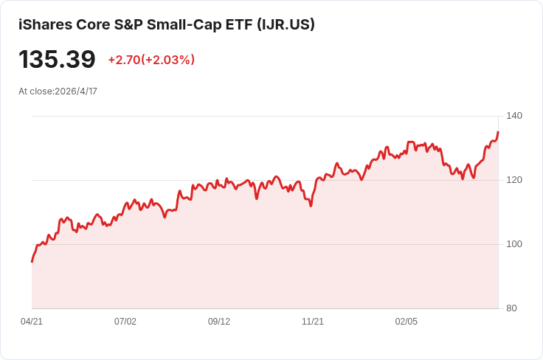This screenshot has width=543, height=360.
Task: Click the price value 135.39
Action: (57, 59)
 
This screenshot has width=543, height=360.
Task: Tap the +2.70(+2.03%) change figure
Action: (151, 60)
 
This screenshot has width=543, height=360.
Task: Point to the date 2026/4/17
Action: (76, 91)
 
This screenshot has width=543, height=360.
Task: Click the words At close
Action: (35, 91)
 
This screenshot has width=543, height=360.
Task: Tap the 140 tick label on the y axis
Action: (514, 116)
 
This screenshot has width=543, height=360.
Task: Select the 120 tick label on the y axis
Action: (514, 180)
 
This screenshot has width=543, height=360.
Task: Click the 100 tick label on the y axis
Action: (514, 244)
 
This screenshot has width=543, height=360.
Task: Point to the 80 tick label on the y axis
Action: (511, 308)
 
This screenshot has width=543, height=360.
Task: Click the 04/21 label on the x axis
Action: (32, 322)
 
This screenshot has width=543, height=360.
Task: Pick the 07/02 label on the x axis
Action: (125, 322)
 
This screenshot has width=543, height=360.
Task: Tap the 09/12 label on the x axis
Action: (219, 322)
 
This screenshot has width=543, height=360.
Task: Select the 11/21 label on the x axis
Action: (313, 322)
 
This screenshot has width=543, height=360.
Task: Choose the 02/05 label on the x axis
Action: (407, 322)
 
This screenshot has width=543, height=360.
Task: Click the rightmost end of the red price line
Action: (498, 133)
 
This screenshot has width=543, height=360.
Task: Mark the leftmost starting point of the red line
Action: (32, 262)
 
